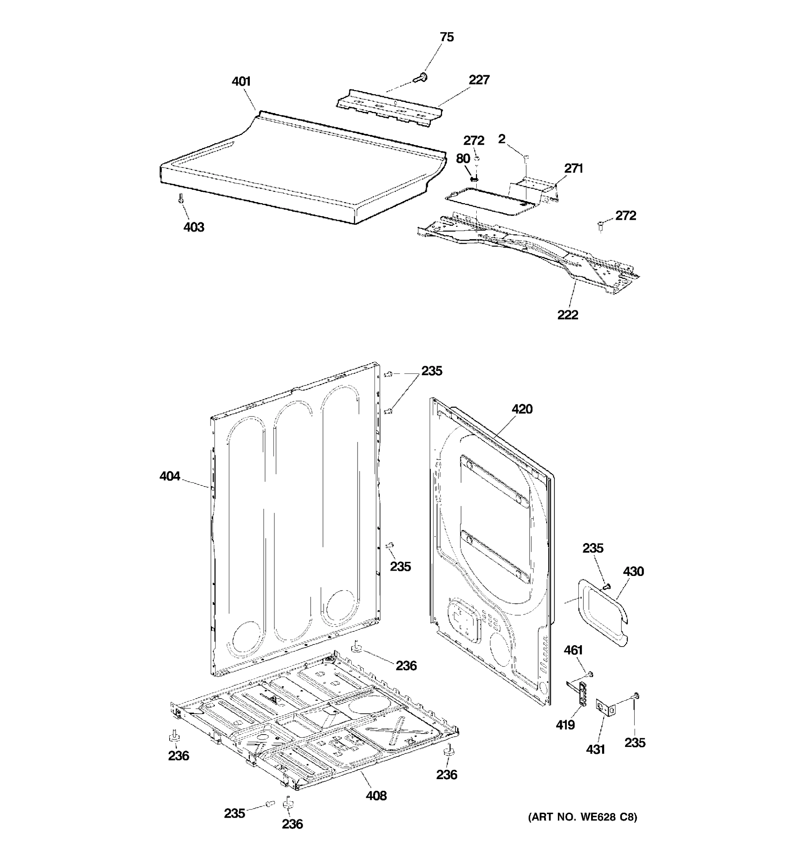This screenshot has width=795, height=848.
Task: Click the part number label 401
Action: click(241, 82)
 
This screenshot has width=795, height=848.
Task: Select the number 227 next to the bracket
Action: click(479, 80)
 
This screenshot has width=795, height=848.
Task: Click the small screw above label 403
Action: click(181, 198)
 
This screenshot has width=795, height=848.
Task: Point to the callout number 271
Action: click(573, 169)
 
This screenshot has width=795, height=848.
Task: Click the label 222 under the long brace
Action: click(567, 315)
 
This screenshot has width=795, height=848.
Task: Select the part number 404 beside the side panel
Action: click(170, 476)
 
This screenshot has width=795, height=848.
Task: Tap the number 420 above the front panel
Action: click(522, 409)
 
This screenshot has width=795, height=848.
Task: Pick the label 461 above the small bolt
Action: click(573, 650)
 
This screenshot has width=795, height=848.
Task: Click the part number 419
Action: click(565, 725)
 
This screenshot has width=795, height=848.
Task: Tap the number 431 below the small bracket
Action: click(595, 749)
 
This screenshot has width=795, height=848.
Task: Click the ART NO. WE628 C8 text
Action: click(582, 817)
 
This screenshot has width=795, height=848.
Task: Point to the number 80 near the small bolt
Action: click(463, 159)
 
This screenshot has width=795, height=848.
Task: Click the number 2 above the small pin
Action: click(502, 139)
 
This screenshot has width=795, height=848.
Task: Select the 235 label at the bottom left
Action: click(235, 813)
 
